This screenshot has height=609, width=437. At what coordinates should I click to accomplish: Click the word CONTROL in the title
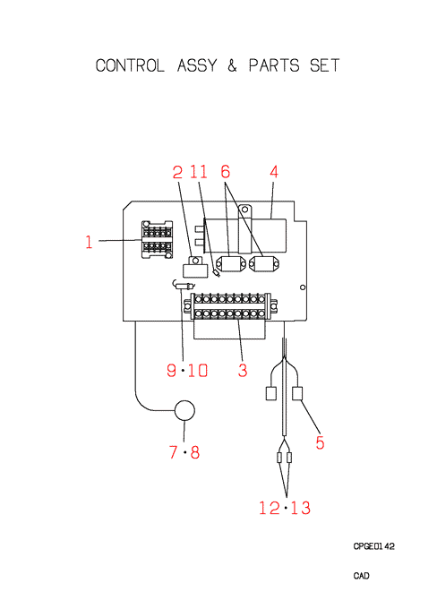[x=130, y=65]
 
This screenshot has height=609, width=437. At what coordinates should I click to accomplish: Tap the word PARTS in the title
[x=274, y=65]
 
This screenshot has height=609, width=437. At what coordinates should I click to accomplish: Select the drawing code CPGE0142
[x=373, y=546]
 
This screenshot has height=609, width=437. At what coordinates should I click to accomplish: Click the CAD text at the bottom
[x=361, y=576]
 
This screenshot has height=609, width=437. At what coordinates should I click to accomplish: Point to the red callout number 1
[x=89, y=242]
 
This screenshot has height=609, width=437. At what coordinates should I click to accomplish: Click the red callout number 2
[x=177, y=172]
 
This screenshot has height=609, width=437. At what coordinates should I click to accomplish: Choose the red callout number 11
[x=199, y=172]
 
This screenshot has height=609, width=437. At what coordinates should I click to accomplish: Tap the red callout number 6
[x=226, y=172]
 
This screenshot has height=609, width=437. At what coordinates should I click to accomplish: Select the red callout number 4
[x=274, y=172]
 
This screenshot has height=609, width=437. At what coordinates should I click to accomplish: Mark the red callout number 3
[x=243, y=370]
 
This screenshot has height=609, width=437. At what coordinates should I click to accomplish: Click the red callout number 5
[x=320, y=442]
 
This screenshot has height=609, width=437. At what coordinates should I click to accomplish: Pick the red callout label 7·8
[x=184, y=452]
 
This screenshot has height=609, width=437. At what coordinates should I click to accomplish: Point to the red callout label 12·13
[x=285, y=508]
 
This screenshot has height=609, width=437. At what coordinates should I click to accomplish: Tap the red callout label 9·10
[x=187, y=370]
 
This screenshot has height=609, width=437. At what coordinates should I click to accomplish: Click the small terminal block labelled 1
[x=157, y=240]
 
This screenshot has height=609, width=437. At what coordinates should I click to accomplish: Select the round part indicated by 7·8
[x=184, y=410]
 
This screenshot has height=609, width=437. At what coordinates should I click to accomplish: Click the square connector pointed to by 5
[x=297, y=393]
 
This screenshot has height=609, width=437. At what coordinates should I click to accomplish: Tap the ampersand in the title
[x=232, y=65]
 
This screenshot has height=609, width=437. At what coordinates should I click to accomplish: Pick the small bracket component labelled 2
[x=195, y=267]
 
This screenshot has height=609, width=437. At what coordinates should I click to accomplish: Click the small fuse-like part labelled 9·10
[x=184, y=286]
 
